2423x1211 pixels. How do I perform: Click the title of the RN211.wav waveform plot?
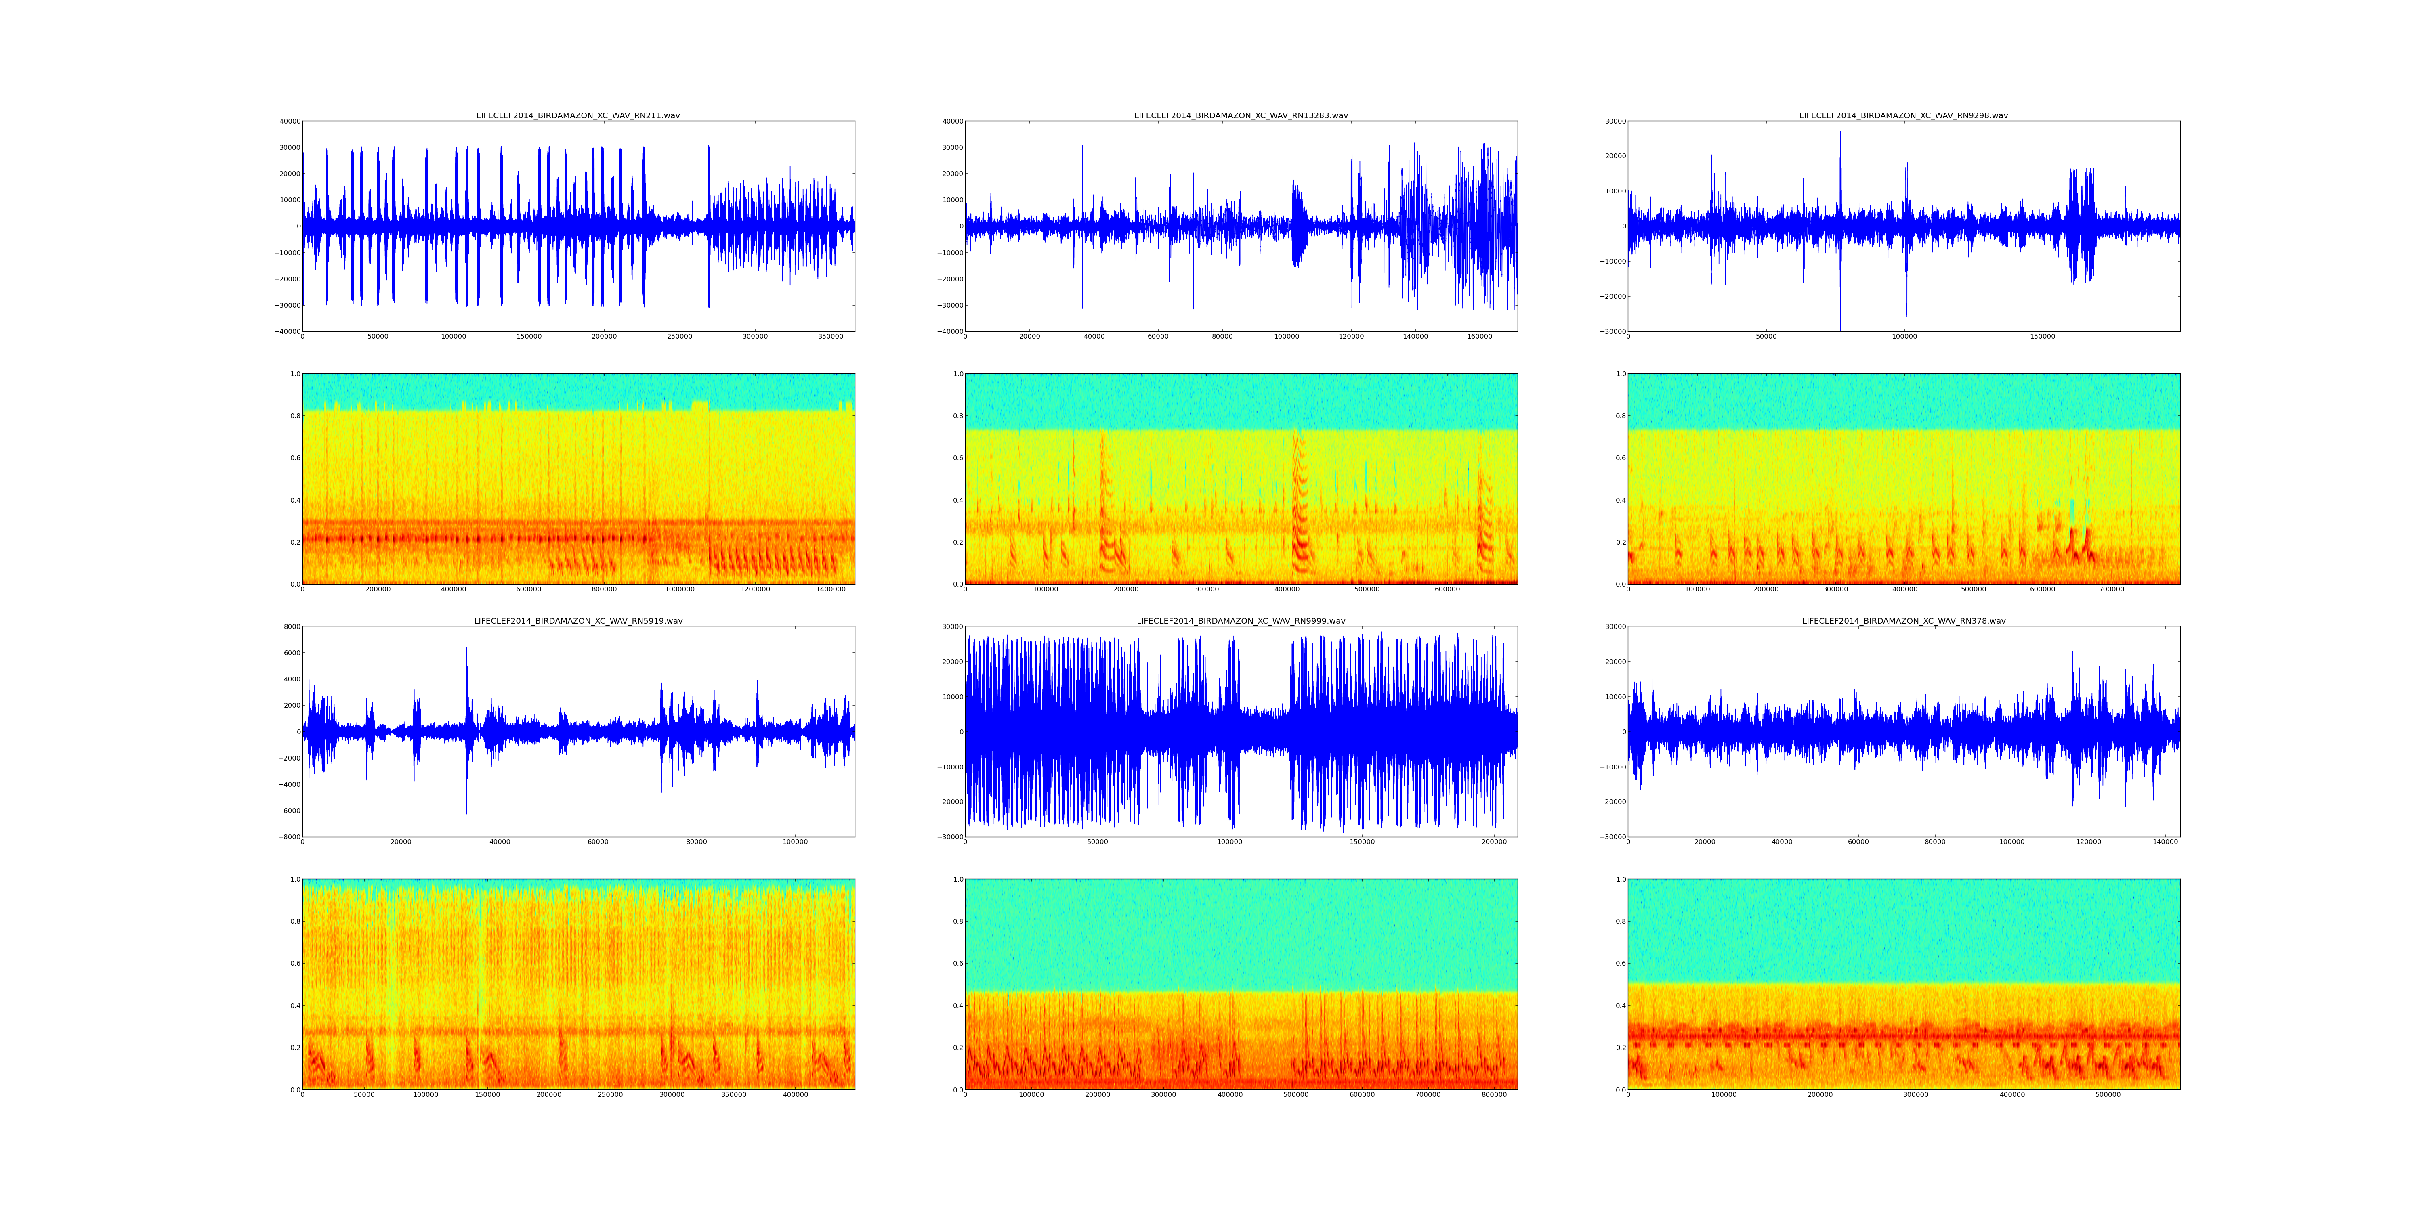pyautogui.click(x=577, y=115)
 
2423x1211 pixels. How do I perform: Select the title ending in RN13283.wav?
pyautogui.click(x=1241, y=115)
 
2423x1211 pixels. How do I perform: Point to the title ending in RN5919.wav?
pyautogui.click(x=577, y=622)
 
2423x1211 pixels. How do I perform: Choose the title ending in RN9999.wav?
pyautogui.click(x=1241, y=622)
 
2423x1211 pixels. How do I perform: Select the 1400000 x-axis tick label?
pyautogui.click(x=831, y=589)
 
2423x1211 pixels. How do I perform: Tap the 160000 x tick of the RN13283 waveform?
pyautogui.click(x=1480, y=337)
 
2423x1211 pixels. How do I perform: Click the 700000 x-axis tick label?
pyautogui.click(x=2112, y=589)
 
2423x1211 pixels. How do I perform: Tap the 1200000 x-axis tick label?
pyautogui.click(x=755, y=589)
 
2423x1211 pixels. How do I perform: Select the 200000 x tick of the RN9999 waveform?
pyautogui.click(x=1494, y=842)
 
